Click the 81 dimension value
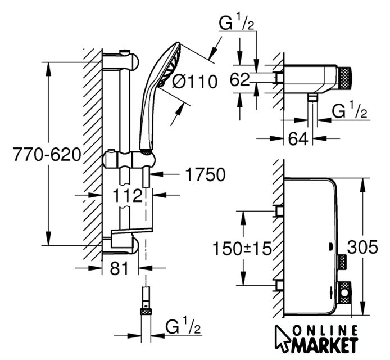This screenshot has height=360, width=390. tap(116, 268)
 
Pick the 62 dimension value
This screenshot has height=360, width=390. tap(241, 80)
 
